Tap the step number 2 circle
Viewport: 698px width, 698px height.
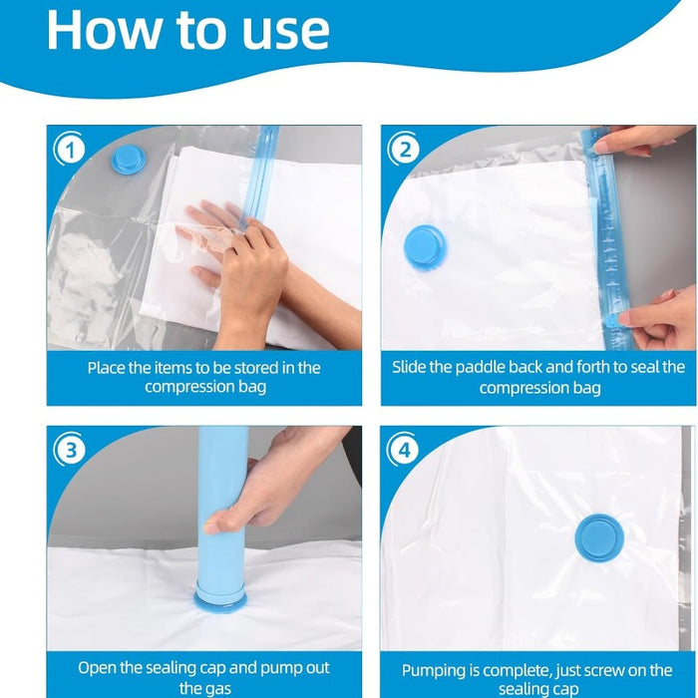point(404,150)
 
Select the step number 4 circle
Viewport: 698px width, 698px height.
point(404,450)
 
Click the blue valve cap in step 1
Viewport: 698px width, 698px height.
point(128,159)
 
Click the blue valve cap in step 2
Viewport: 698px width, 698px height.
point(425,245)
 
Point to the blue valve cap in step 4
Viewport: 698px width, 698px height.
point(598,536)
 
